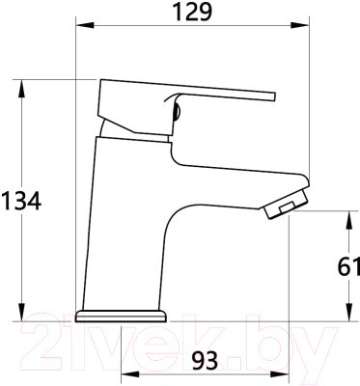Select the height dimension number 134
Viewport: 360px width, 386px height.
pos(20,201)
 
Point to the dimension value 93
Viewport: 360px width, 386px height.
pos(205,360)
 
